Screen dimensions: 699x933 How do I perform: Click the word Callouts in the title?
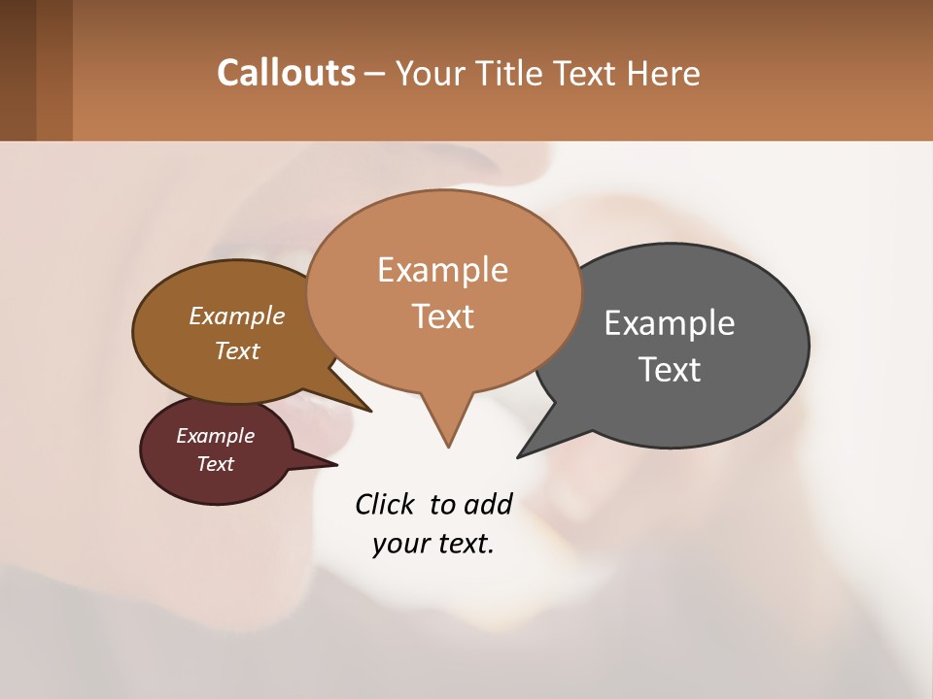(x=286, y=73)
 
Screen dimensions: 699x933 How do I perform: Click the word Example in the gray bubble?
(x=670, y=322)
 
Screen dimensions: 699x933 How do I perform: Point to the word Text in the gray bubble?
(x=670, y=369)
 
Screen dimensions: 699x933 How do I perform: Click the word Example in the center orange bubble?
(x=442, y=270)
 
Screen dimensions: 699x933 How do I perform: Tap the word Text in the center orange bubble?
(x=442, y=316)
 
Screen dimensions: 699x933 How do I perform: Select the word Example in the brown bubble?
(x=237, y=316)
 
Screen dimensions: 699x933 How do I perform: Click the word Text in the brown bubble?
(x=237, y=350)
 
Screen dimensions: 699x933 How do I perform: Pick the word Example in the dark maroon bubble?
(x=216, y=436)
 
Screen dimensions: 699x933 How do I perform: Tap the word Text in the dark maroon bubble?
(x=216, y=464)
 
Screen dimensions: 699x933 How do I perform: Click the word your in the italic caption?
(x=396, y=544)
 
